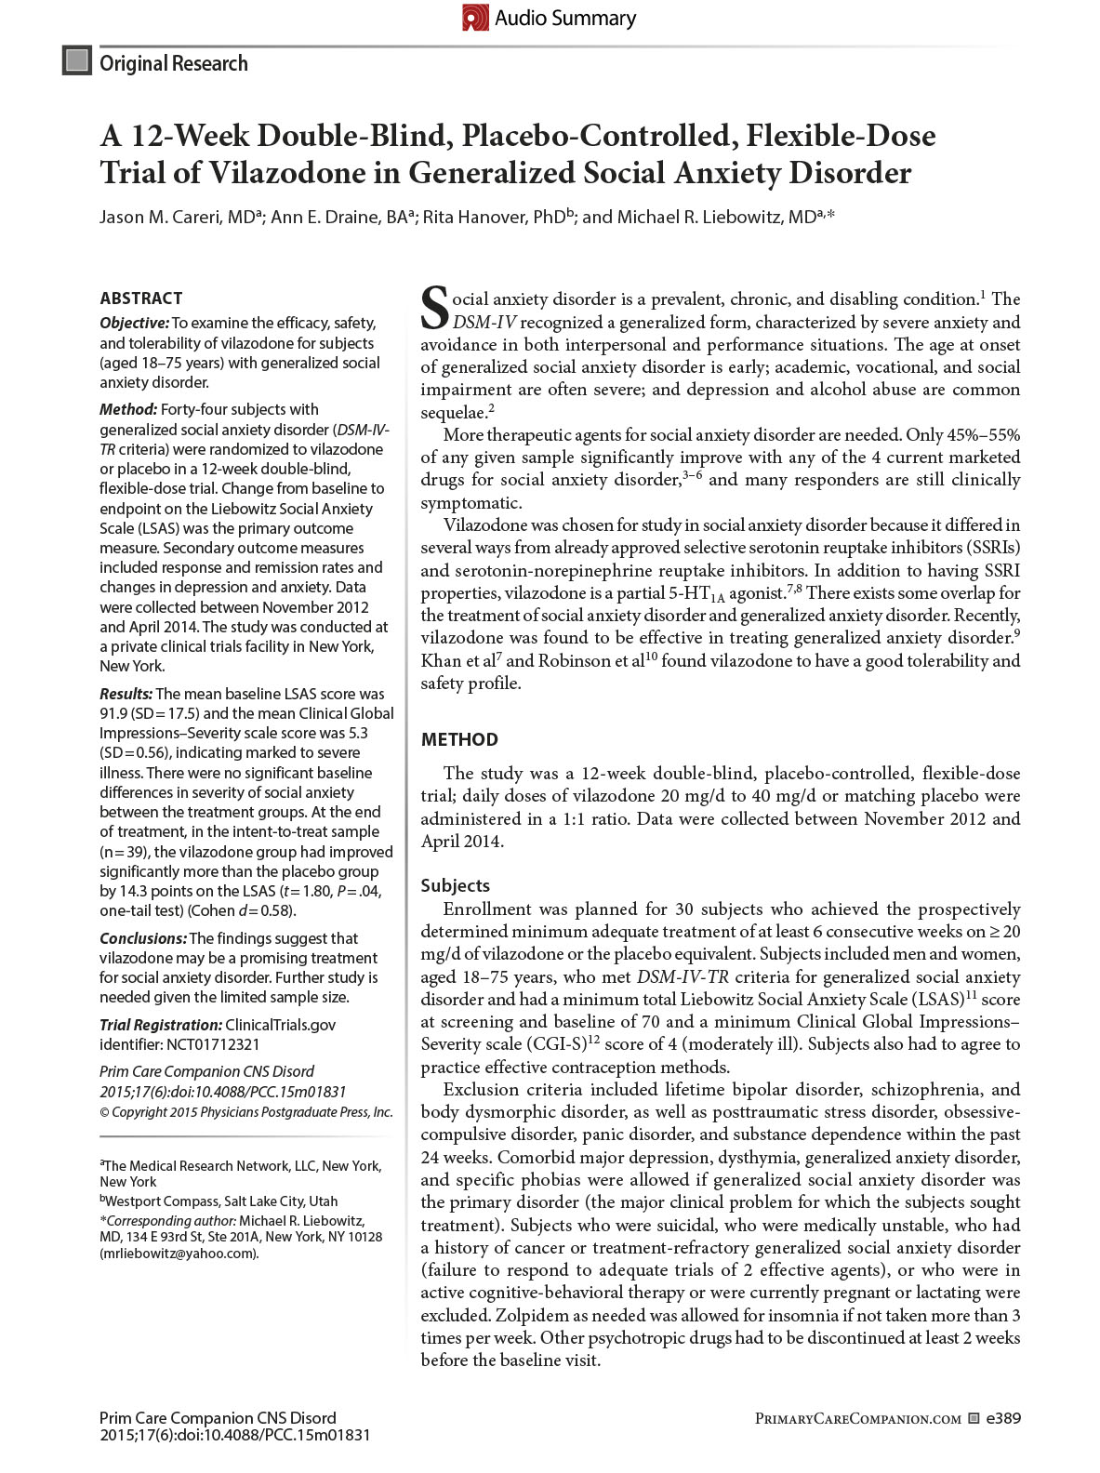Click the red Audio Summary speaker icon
(x=475, y=18)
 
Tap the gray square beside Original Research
(x=77, y=61)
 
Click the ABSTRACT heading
(x=141, y=299)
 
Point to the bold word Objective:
(x=134, y=323)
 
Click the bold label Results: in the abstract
(x=126, y=694)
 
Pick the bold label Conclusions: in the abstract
(x=142, y=938)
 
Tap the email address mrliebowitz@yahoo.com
(x=179, y=1253)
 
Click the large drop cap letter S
(x=435, y=308)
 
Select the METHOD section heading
(x=459, y=739)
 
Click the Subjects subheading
(x=455, y=885)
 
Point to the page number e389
(x=1003, y=1418)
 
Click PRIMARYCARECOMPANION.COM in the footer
(x=857, y=1419)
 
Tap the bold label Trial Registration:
(x=160, y=1025)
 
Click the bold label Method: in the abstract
(x=128, y=409)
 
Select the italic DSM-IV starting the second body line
(x=484, y=322)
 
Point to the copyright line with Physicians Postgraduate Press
(x=246, y=1112)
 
